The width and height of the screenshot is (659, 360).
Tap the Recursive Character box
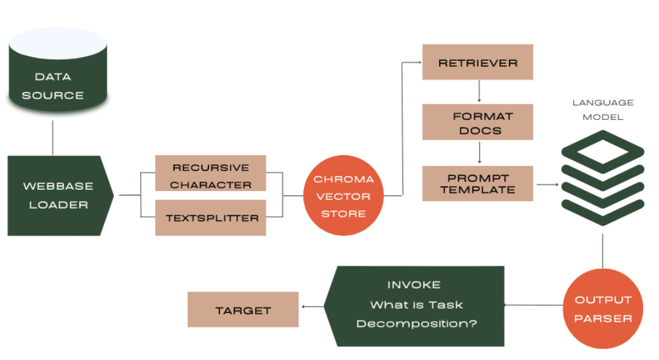[210, 173]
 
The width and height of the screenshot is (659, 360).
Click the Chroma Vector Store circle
[343, 196]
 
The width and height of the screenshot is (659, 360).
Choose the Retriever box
[477, 62]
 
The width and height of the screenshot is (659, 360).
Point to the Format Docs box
[477, 122]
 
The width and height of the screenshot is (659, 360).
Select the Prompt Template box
[477, 183]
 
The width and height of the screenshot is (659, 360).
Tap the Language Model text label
[602, 109]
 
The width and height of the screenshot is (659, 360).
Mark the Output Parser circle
[602, 308]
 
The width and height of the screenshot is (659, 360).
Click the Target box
[243, 309]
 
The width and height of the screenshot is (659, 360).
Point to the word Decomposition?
[416, 324]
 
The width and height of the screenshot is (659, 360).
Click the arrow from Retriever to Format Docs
[479, 90]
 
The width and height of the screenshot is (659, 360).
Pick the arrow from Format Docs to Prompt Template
[479, 152]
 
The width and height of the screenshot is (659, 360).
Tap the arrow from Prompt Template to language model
[547, 184]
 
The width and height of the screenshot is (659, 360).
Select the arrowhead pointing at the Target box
[304, 307]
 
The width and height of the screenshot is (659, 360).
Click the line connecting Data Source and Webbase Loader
[53, 138]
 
